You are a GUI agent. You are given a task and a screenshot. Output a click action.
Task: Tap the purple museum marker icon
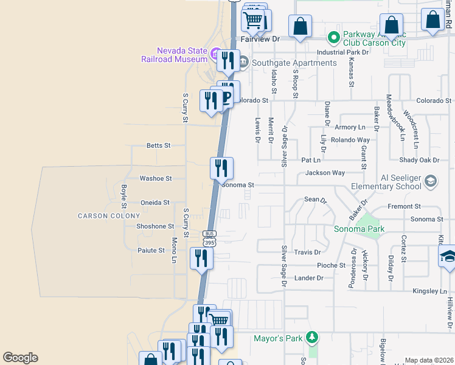(x=215, y=55)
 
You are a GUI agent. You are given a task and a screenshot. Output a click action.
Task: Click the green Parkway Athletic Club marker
(x=333, y=38)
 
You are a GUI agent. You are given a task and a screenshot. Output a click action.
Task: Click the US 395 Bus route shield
(x=209, y=238)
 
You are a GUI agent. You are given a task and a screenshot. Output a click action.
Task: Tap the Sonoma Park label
(x=359, y=229)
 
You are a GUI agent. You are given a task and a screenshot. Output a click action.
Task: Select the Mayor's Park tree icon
(x=312, y=336)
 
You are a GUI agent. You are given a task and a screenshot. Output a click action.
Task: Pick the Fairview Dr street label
(x=260, y=38)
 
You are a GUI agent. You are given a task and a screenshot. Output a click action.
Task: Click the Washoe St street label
(x=156, y=179)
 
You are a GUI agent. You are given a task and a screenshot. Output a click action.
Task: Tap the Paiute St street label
(x=152, y=250)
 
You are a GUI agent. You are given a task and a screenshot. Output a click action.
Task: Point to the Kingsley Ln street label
(x=429, y=291)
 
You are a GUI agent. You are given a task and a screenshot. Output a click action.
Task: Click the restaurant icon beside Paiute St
(x=201, y=258)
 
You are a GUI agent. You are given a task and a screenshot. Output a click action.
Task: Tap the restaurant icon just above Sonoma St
(x=221, y=167)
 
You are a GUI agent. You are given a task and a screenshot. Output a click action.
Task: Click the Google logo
(x=20, y=358)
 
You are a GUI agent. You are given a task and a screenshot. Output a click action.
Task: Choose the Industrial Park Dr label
(x=342, y=52)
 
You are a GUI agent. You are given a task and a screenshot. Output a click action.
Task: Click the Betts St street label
(x=158, y=145)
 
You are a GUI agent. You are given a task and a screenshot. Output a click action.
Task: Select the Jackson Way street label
(x=325, y=173)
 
